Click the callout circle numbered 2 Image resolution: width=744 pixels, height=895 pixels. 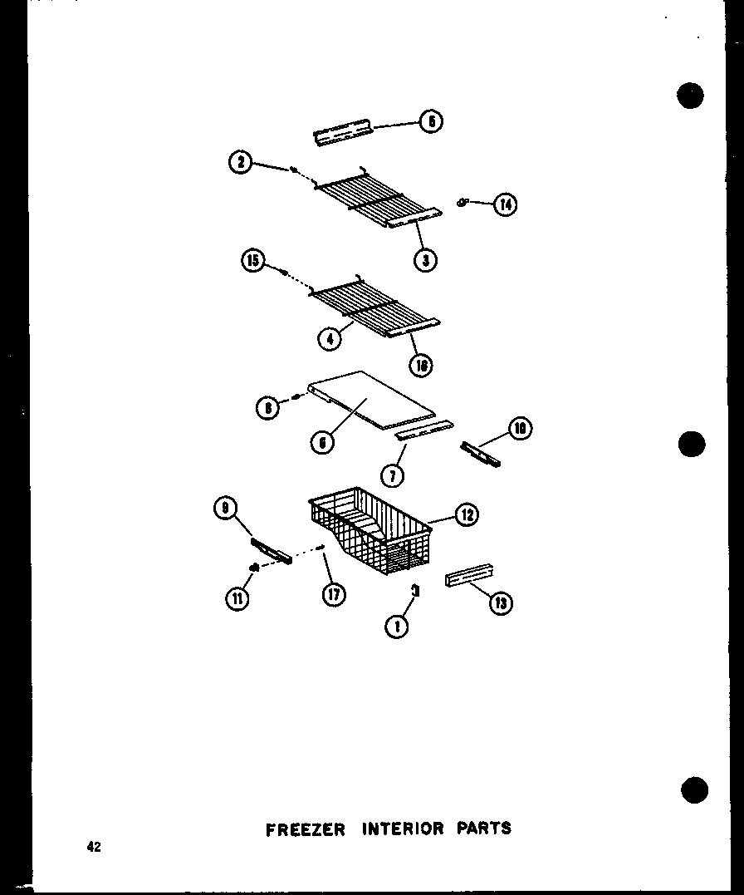click(x=241, y=163)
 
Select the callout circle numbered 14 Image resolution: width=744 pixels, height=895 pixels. click(x=504, y=204)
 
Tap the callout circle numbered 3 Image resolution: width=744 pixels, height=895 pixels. click(x=425, y=259)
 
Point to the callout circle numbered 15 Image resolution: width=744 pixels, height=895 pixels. click(x=253, y=261)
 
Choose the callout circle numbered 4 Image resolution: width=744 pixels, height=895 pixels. click(x=330, y=338)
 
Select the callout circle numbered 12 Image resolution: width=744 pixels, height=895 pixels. click(x=466, y=515)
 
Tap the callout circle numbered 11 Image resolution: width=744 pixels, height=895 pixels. click(x=238, y=598)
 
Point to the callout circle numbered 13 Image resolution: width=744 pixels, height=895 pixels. click(x=500, y=603)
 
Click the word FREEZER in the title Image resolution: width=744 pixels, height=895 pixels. click(x=305, y=829)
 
